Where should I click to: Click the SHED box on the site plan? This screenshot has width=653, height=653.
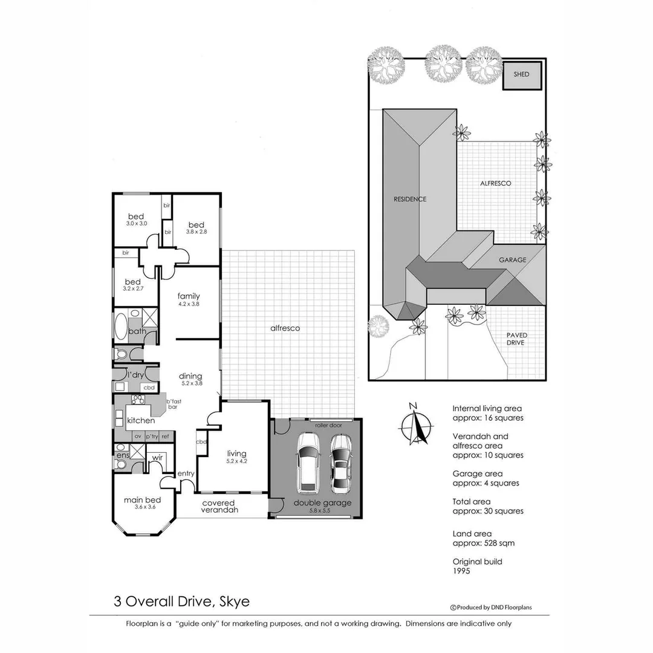[x=521, y=75]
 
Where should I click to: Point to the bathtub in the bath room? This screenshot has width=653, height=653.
[x=120, y=327]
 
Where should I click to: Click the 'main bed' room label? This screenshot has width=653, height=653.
[x=142, y=500]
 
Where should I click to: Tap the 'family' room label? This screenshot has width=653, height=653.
[x=188, y=296]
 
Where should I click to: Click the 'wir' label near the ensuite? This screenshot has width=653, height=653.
[x=157, y=458]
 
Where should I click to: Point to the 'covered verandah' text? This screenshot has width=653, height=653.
[x=219, y=506]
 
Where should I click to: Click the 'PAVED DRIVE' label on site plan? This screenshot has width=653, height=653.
[x=515, y=339]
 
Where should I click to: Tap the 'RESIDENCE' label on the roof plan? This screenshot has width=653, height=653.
[x=410, y=200]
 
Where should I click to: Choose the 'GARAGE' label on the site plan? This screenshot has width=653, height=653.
[x=512, y=260]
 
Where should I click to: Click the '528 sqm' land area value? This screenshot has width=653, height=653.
[x=499, y=543]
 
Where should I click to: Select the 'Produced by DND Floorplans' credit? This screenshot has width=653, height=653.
[x=491, y=608]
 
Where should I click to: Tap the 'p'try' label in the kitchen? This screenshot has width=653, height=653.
[x=151, y=436]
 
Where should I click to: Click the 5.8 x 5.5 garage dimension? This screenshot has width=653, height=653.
[x=322, y=511]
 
